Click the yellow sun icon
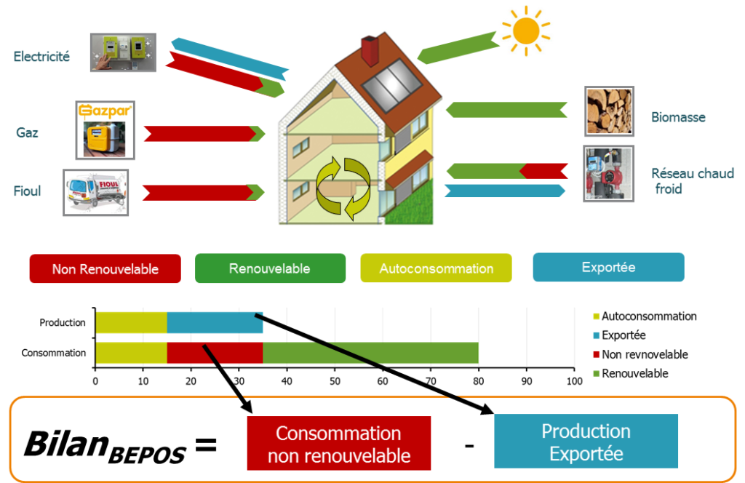click(525, 30)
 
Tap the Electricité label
click(41, 56)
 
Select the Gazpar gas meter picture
click(105, 130)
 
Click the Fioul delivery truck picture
click(95, 192)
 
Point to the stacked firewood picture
click(609, 111)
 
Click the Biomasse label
click(678, 117)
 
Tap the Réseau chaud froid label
click(692, 181)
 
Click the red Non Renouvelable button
click(105, 268)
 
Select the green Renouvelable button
click(270, 268)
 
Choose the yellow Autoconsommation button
click(436, 268)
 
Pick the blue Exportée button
click(608, 267)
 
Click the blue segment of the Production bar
click(215, 322)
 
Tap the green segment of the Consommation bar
click(370, 353)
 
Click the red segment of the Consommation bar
click(215, 353)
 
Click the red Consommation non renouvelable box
click(339, 444)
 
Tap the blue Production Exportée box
click(586, 442)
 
